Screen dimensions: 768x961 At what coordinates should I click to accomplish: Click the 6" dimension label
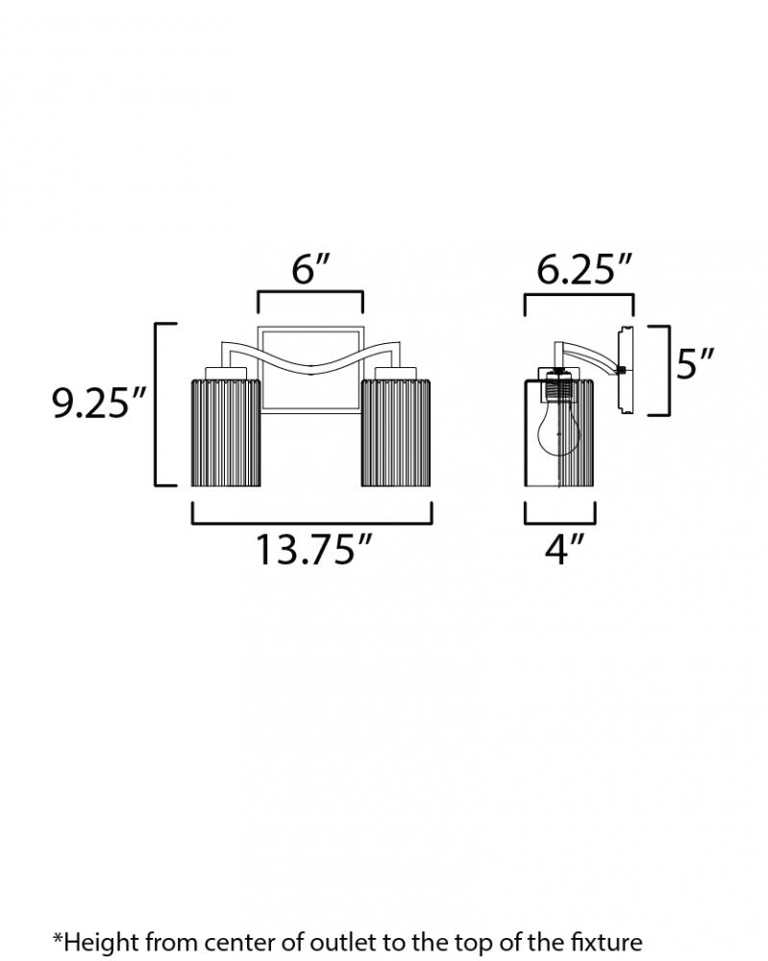(310, 270)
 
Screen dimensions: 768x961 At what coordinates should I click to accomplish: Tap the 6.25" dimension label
(583, 270)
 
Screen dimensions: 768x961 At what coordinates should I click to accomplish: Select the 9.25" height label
(99, 404)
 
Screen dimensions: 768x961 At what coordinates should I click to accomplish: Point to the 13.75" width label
(313, 549)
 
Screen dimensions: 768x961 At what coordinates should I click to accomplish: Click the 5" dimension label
(696, 363)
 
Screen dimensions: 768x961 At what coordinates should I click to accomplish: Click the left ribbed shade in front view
(226, 432)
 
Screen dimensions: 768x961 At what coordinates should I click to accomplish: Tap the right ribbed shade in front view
(395, 432)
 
